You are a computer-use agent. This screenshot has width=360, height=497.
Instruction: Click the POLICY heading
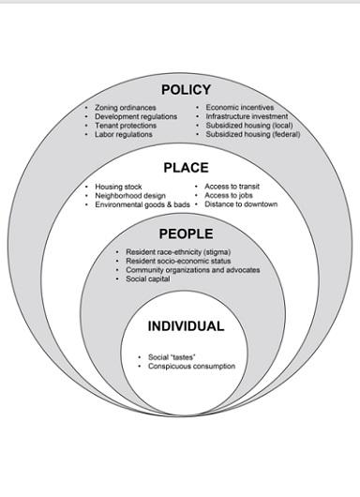pyautogui.click(x=186, y=90)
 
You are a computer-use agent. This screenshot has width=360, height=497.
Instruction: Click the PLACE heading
pyautogui.click(x=186, y=169)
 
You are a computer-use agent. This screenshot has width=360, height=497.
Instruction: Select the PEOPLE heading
pyautogui.click(x=186, y=234)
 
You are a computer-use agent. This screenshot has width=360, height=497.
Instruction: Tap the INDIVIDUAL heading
pyautogui.click(x=186, y=327)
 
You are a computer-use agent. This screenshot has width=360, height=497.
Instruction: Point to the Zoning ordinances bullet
pyautogui.click(x=125, y=108)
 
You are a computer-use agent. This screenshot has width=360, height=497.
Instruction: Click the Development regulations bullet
pyautogui.click(x=135, y=117)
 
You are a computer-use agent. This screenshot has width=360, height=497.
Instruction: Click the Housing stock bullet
pyautogui.click(x=118, y=187)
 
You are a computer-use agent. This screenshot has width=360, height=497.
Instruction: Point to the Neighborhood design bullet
pyautogui.click(x=129, y=195)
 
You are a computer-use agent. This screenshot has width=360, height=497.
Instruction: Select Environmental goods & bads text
pyautogui.click(x=142, y=204)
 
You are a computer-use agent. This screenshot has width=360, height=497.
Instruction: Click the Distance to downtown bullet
pyautogui.click(x=241, y=204)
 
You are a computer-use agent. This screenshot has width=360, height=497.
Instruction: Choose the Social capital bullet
pyautogui.click(x=148, y=279)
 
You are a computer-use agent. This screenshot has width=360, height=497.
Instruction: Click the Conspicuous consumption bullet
pyautogui.click(x=191, y=367)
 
